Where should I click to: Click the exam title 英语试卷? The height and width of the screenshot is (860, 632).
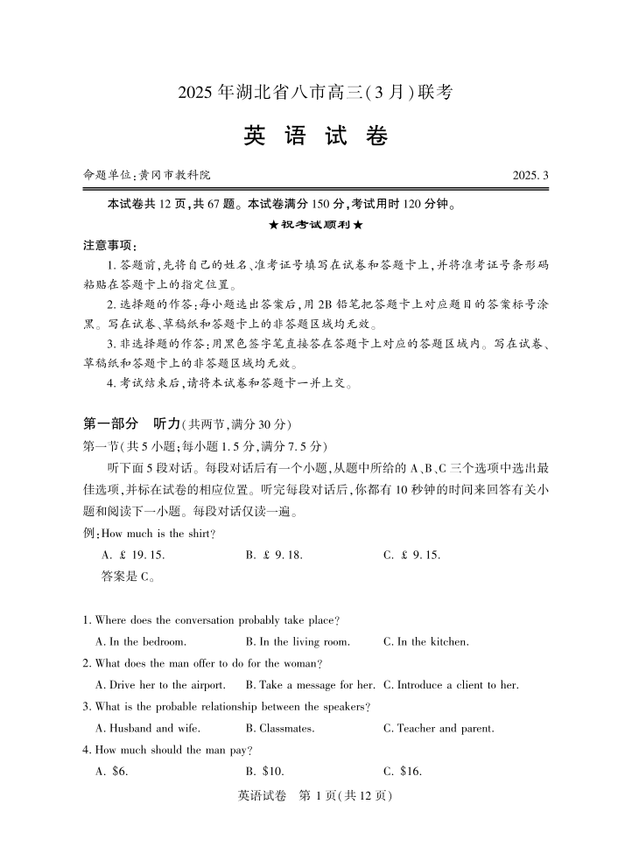coord(315,137)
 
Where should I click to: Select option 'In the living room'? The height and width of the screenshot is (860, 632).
coord(298,641)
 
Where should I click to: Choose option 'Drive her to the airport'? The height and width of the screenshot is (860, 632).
coord(160,684)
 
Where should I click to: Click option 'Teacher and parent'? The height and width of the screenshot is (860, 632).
coord(439,728)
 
